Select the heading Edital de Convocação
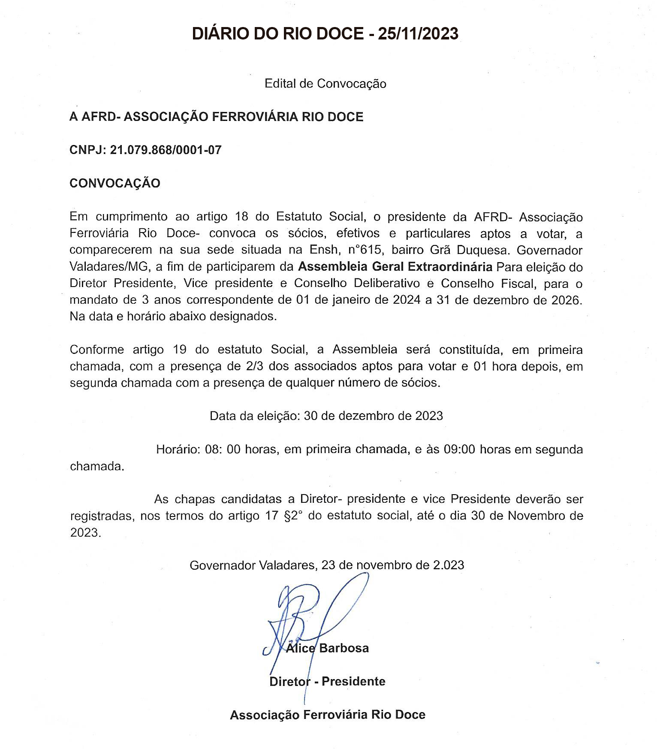coord(325,83)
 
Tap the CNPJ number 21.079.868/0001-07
coord(166,150)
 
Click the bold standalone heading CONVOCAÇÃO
coord(115,183)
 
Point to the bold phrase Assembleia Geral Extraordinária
coord(395,267)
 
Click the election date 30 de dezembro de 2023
coord(373,416)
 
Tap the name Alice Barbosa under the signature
coord(327,648)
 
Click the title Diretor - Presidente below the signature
coord(327,681)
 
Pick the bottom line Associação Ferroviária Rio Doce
coord(328,715)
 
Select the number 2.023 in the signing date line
coord(449,565)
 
